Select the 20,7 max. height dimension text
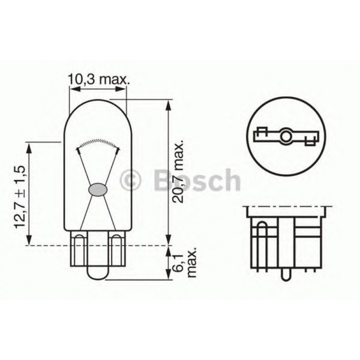pyautogui.click(x=179, y=173)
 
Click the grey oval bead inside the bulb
pyautogui.click(x=98, y=189)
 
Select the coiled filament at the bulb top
pyautogui.click(x=98, y=143)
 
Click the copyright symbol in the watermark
pyautogui.click(x=131, y=180)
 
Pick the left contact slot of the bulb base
pyautogui.click(x=80, y=250)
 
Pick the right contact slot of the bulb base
pyautogui.click(x=116, y=250)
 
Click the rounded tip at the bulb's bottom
pyautogui.click(x=98, y=275)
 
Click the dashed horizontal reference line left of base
pyautogui.click(x=45, y=245)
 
